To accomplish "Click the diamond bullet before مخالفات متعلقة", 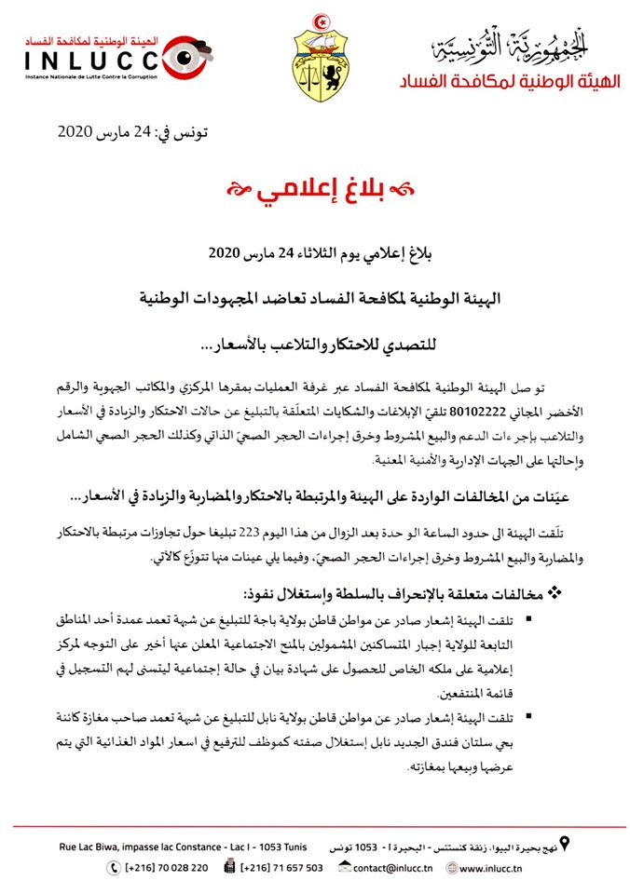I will [554, 592].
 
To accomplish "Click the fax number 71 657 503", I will [282, 868].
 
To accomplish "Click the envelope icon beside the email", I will [345, 868].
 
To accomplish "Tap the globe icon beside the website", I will [451, 868].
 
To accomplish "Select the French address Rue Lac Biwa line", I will [176, 846].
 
